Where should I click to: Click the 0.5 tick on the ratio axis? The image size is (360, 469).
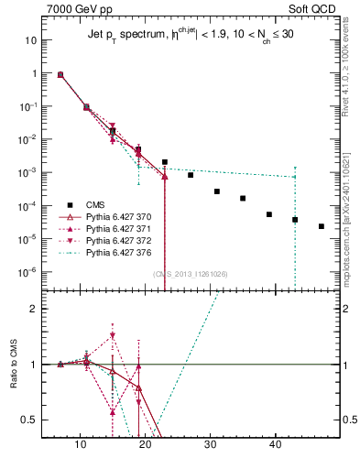click(x=32, y=420)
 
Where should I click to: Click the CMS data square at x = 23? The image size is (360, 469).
click(x=165, y=162)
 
